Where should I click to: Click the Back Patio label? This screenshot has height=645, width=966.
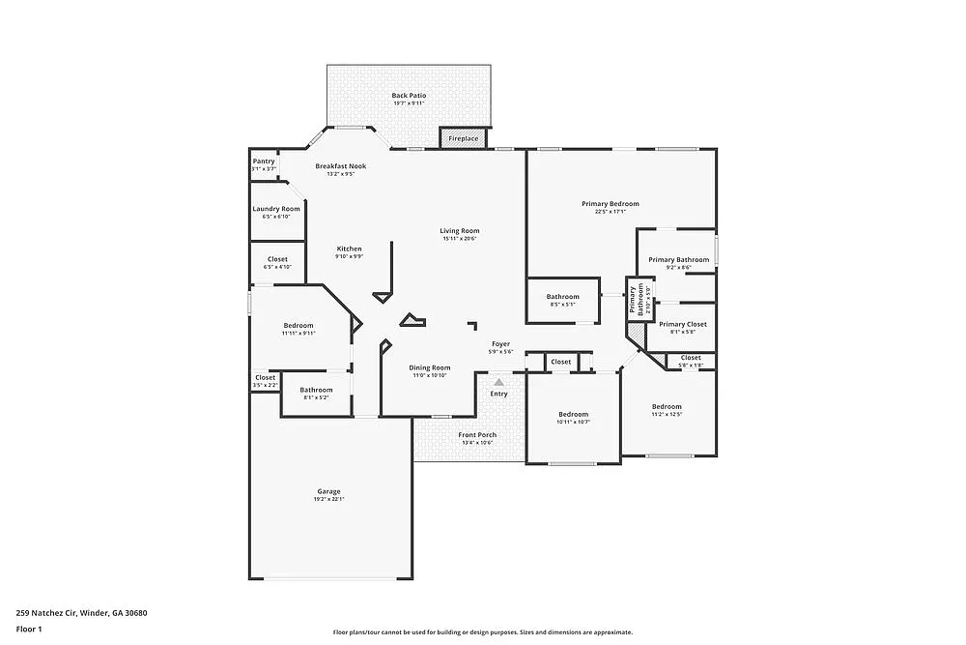(409, 96)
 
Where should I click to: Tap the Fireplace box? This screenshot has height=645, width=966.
(463, 139)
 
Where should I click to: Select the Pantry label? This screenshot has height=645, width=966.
(264, 161)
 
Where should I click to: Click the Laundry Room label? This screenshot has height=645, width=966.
(276, 209)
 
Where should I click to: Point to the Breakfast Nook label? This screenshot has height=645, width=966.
(341, 166)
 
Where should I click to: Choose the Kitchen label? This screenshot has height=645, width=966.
(349, 249)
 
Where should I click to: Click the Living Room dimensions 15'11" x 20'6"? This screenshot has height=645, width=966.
(460, 239)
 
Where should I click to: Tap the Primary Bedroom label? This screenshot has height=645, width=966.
(610, 204)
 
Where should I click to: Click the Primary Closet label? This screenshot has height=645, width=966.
(683, 325)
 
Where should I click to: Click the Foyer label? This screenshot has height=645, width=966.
(500, 344)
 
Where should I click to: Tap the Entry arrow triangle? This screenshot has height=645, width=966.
(499, 383)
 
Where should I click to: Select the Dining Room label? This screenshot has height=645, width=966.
(430, 367)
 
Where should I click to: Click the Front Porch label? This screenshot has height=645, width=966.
(477, 435)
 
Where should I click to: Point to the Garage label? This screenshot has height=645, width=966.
(328, 491)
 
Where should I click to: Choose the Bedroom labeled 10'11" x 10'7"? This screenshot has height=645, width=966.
(573, 415)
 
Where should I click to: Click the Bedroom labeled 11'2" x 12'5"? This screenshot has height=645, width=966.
(667, 407)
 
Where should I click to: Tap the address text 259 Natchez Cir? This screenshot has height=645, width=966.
(47, 612)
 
